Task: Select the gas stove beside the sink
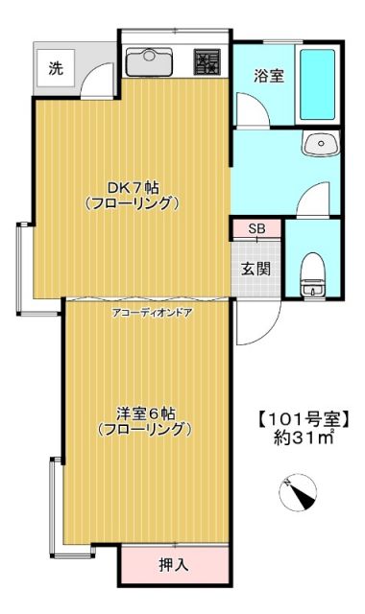pyautogui.click(x=207, y=62)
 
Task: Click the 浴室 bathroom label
pyautogui.click(x=268, y=77)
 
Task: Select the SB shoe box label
pyautogui.click(x=256, y=229)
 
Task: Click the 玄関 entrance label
pyautogui.click(x=255, y=268)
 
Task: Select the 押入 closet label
pyautogui.click(x=173, y=564)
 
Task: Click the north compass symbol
pyautogui.click(x=299, y=492)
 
